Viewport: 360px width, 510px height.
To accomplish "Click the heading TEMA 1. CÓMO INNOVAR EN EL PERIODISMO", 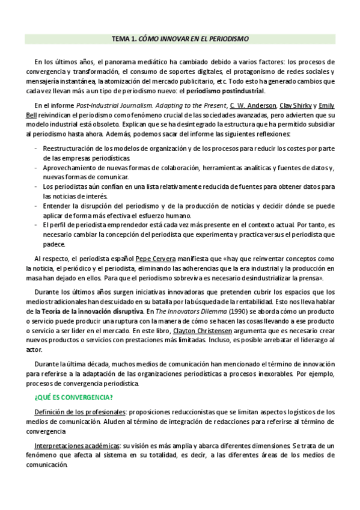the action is point(180,38).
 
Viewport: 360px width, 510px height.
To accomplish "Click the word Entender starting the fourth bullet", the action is point(57,206).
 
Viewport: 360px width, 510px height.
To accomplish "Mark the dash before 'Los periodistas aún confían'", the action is point(38,187).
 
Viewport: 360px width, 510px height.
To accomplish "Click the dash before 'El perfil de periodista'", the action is point(38,226).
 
